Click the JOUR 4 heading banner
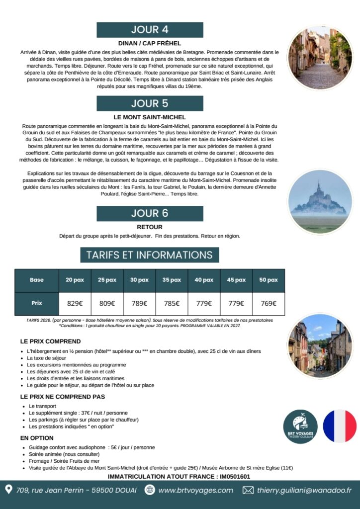coord(150,30)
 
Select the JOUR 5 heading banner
coord(150,103)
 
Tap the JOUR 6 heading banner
coord(150,213)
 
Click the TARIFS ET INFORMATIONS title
coord(150,255)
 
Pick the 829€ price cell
coord(75,303)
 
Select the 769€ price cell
coord(269,303)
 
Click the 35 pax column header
coord(172,280)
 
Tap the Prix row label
coord(37,303)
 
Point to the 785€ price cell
coord(172,303)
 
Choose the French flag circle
coord(340,426)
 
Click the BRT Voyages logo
coord(300,426)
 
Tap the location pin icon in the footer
coord(8,490)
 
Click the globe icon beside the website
coord(150,490)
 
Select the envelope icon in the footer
coord(248,490)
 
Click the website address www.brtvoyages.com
coord(195,490)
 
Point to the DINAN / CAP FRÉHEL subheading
coord(150,43)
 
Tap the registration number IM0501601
coord(232,476)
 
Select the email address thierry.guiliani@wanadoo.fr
coord(304,490)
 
